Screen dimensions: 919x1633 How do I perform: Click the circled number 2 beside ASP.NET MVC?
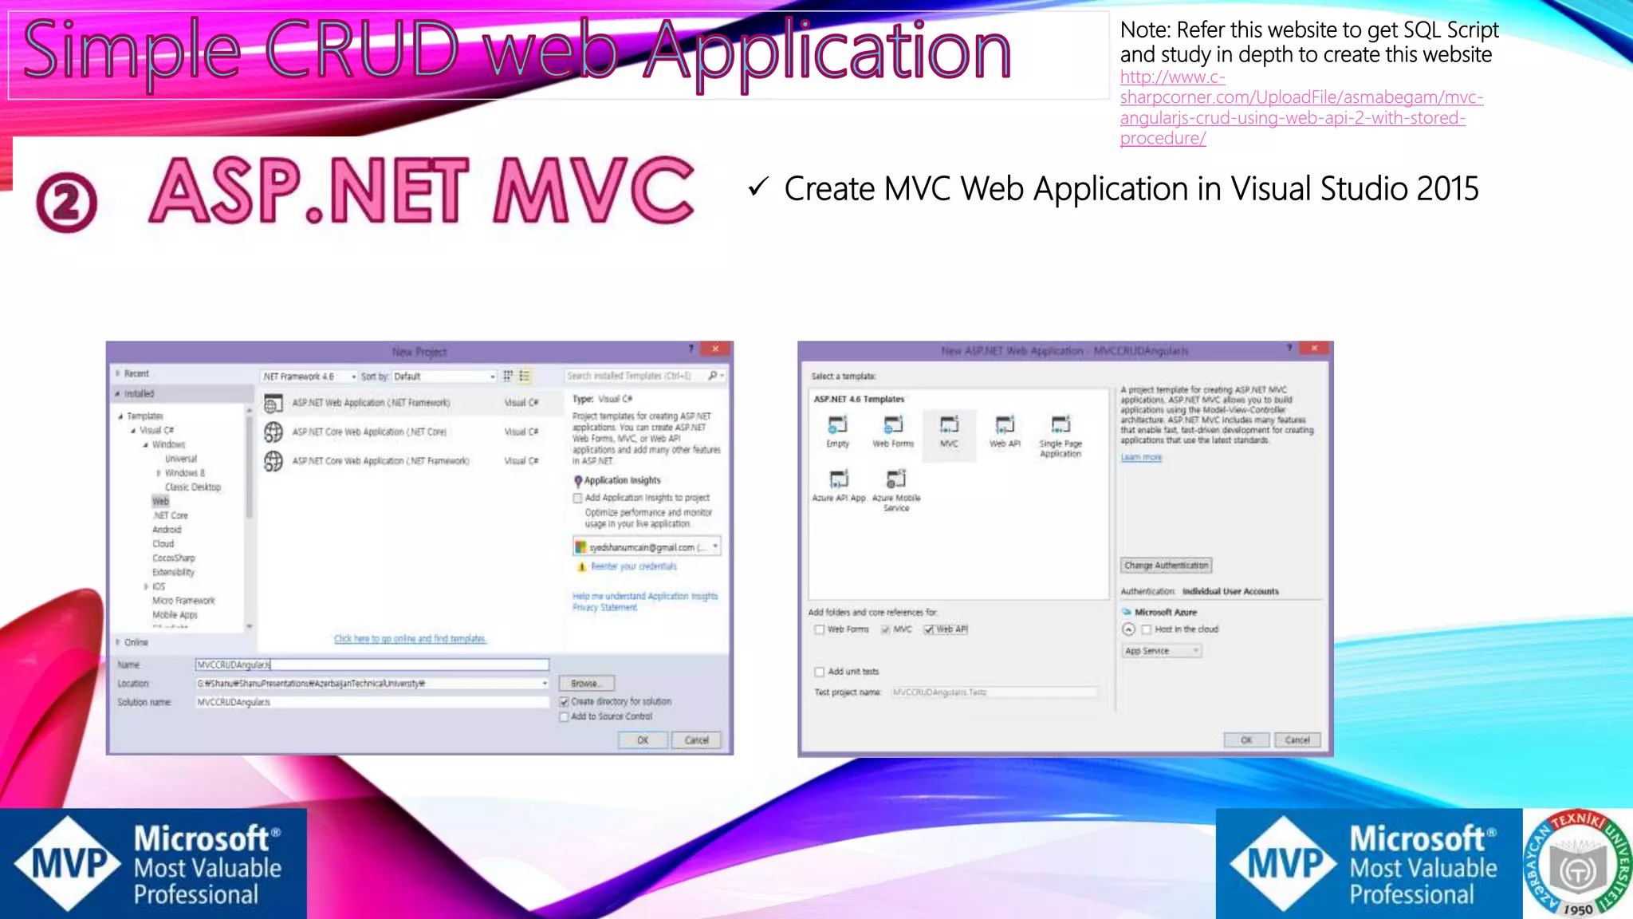pos(66,202)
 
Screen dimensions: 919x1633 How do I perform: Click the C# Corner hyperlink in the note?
pos(1300,108)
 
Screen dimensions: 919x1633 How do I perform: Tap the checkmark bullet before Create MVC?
pos(757,188)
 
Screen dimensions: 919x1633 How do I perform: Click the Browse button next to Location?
pos(586,684)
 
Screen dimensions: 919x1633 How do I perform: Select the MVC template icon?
pos(949,431)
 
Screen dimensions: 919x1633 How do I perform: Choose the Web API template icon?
pos(1005,431)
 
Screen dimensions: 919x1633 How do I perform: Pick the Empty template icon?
pos(837,431)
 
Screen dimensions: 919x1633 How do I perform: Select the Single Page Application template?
pos(1060,435)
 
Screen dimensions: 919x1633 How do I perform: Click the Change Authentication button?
pos(1166,566)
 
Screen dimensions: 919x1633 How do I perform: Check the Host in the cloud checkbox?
pos(1147,629)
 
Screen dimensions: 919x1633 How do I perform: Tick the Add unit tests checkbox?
pos(819,672)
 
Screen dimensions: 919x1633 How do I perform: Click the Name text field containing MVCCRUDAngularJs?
pos(372,665)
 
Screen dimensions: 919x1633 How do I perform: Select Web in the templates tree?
pos(160,501)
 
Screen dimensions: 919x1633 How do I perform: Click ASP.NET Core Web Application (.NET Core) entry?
pos(368,432)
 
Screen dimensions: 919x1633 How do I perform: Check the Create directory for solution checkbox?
pos(565,702)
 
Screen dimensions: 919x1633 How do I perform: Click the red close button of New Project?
pos(715,349)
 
